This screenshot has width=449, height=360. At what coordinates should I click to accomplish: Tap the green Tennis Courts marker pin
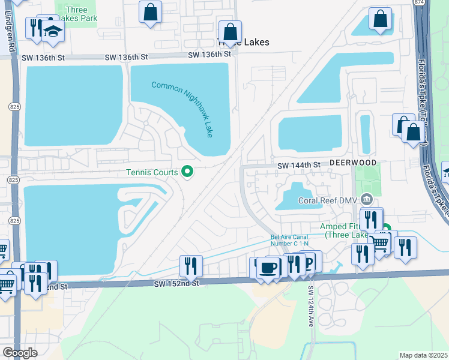tap(187, 172)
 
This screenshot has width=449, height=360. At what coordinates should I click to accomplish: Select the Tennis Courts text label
tap(152, 173)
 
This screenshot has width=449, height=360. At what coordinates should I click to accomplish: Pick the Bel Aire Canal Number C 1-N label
tap(289, 241)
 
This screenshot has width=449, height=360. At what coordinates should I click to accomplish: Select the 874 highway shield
tap(418, 3)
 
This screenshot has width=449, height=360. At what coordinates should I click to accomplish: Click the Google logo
tap(20, 353)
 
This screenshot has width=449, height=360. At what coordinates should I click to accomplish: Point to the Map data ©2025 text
tap(423, 355)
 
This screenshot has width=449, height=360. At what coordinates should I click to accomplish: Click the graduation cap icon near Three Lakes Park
tap(53, 32)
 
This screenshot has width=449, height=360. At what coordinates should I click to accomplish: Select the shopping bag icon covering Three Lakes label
tap(230, 31)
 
